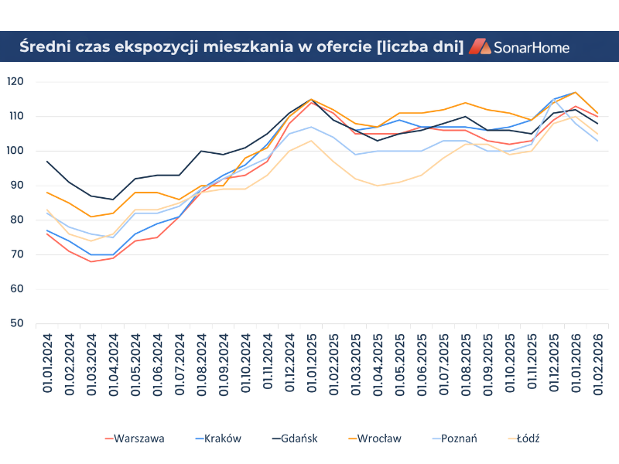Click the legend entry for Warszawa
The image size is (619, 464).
[x=139, y=438]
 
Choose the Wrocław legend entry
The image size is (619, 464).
[x=379, y=438]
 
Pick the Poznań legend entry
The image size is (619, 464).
[x=459, y=438]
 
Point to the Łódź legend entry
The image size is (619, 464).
[x=529, y=438]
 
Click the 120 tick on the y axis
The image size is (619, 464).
[x=16, y=81]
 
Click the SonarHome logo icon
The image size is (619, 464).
[x=480, y=46]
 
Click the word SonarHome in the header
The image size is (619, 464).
[x=532, y=47]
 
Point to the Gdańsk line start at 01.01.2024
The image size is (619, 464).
[x=47, y=162]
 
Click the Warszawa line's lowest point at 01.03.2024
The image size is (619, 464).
[x=91, y=261]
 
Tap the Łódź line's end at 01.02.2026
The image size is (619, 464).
[x=597, y=134]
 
